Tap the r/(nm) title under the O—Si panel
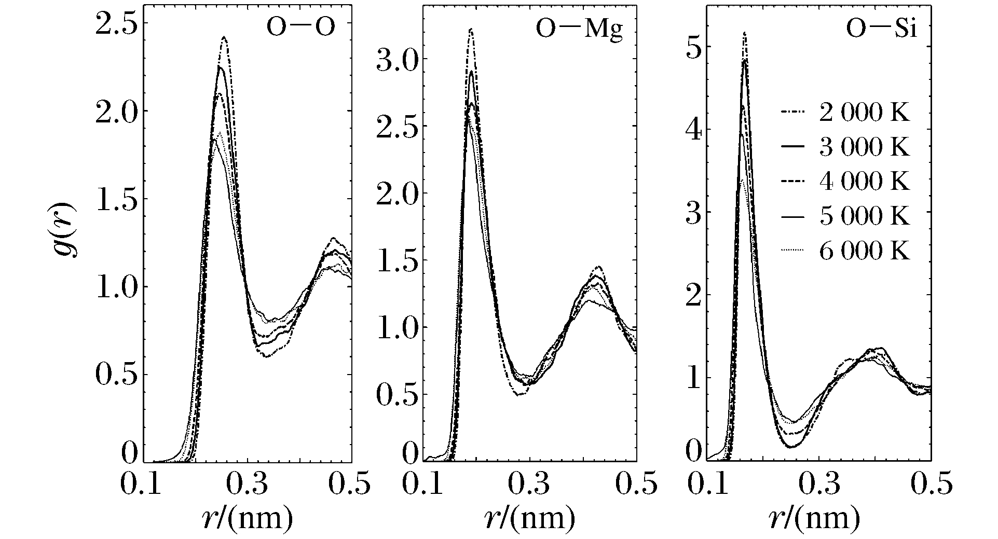click(x=814, y=517)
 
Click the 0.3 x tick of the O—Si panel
click(x=819, y=486)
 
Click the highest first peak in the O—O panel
click(x=224, y=38)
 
